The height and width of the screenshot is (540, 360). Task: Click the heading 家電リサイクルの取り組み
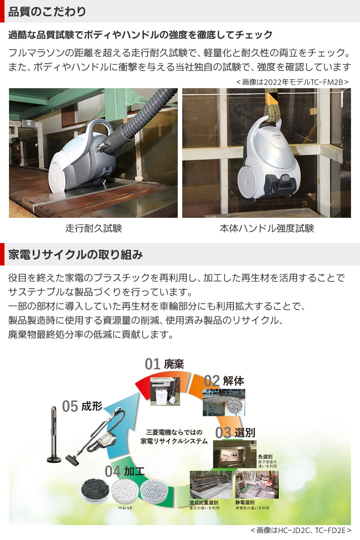(x=76, y=255)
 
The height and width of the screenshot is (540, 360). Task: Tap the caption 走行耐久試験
(x=94, y=228)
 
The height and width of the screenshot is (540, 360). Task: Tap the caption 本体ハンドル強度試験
(x=266, y=228)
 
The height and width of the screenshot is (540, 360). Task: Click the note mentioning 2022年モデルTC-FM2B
(x=292, y=82)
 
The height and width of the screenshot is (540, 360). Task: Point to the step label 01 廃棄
(x=164, y=364)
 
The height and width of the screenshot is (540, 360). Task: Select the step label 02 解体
(x=224, y=381)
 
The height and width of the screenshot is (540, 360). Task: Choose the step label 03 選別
(x=235, y=433)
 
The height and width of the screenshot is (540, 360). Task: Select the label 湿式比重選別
(x=204, y=502)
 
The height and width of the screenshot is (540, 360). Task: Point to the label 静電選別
(x=245, y=502)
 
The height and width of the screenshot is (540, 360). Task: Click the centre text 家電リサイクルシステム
(x=174, y=441)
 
